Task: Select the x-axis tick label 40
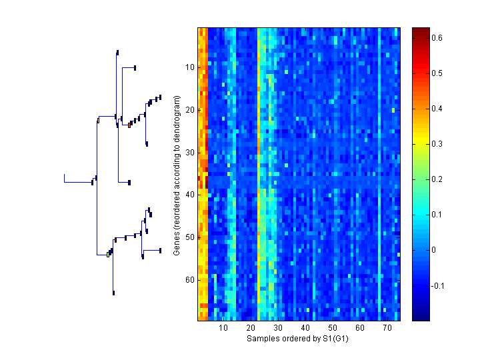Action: (305, 328)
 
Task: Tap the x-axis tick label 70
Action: (387, 328)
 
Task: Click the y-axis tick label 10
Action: (189, 67)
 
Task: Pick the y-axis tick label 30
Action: (189, 152)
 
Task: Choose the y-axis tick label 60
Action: (189, 280)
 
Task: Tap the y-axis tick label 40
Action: (189, 195)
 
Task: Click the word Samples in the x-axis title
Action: (263, 339)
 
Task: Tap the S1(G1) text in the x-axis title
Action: (335, 339)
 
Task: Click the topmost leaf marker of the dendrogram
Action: (117, 52)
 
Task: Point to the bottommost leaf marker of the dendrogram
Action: (114, 293)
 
